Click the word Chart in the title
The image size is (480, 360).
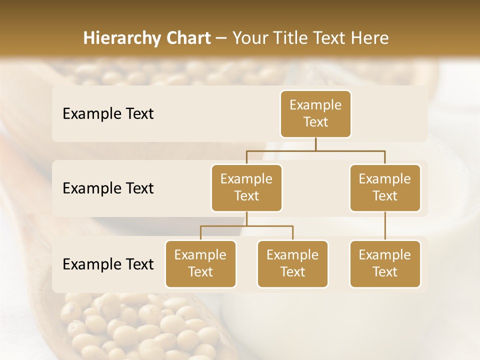(188, 38)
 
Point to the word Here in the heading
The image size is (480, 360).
(370, 38)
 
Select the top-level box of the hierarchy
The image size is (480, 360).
(315, 113)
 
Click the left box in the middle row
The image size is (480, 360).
(246, 187)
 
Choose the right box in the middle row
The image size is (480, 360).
(385, 187)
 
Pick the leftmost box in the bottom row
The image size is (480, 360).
(200, 263)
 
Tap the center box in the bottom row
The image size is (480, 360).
(292, 263)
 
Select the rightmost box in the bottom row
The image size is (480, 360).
(385, 263)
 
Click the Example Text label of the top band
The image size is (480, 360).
(108, 114)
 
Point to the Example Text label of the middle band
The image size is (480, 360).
(108, 188)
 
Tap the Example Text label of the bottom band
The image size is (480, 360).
(108, 264)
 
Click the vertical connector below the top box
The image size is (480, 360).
(315, 144)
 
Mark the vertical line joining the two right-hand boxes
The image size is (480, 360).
(385, 226)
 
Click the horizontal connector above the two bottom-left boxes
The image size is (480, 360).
(246, 226)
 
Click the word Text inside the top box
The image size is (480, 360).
(315, 122)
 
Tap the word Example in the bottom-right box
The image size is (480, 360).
(385, 255)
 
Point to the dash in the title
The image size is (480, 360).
(221, 38)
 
